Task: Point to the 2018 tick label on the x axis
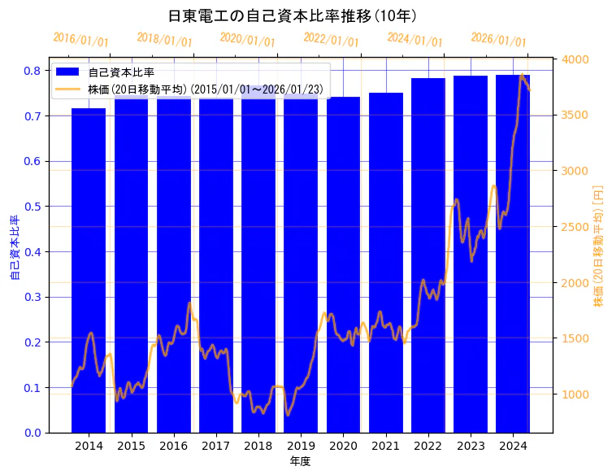258,446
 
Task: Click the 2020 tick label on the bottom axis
343,446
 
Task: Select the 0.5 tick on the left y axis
32,207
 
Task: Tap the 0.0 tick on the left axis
32,433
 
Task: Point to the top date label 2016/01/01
80,40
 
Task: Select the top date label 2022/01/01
331,40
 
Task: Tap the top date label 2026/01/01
498,40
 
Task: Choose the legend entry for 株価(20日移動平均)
205,88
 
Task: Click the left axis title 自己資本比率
14,248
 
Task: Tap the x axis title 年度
300,461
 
